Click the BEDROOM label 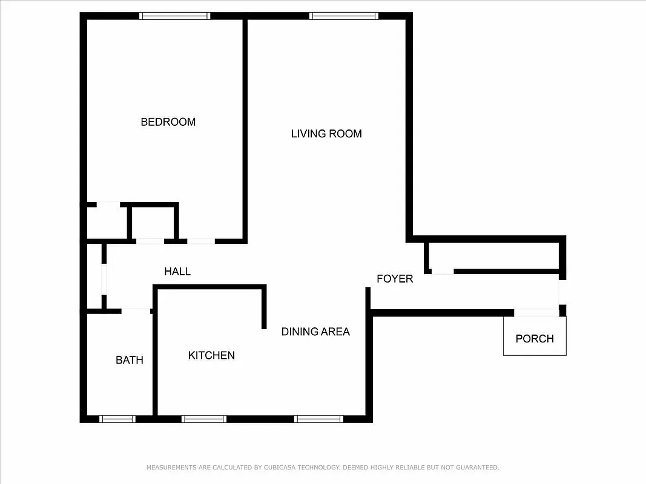click(168, 122)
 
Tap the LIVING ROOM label click(326, 134)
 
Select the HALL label click(177, 271)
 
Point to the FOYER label click(395, 279)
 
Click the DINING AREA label click(315, 332)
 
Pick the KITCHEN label click(211, 355)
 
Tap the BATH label click(130, 360)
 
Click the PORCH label click(535, 339)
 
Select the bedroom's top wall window click(175, 16)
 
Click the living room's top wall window click(344, 16)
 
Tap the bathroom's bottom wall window click(117, 419)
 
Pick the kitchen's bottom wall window click(204, 419)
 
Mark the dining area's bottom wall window click(318, 419)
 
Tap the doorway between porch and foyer click(536, 313)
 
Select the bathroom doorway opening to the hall click(136, 311)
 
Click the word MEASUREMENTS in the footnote click(171, 468)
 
